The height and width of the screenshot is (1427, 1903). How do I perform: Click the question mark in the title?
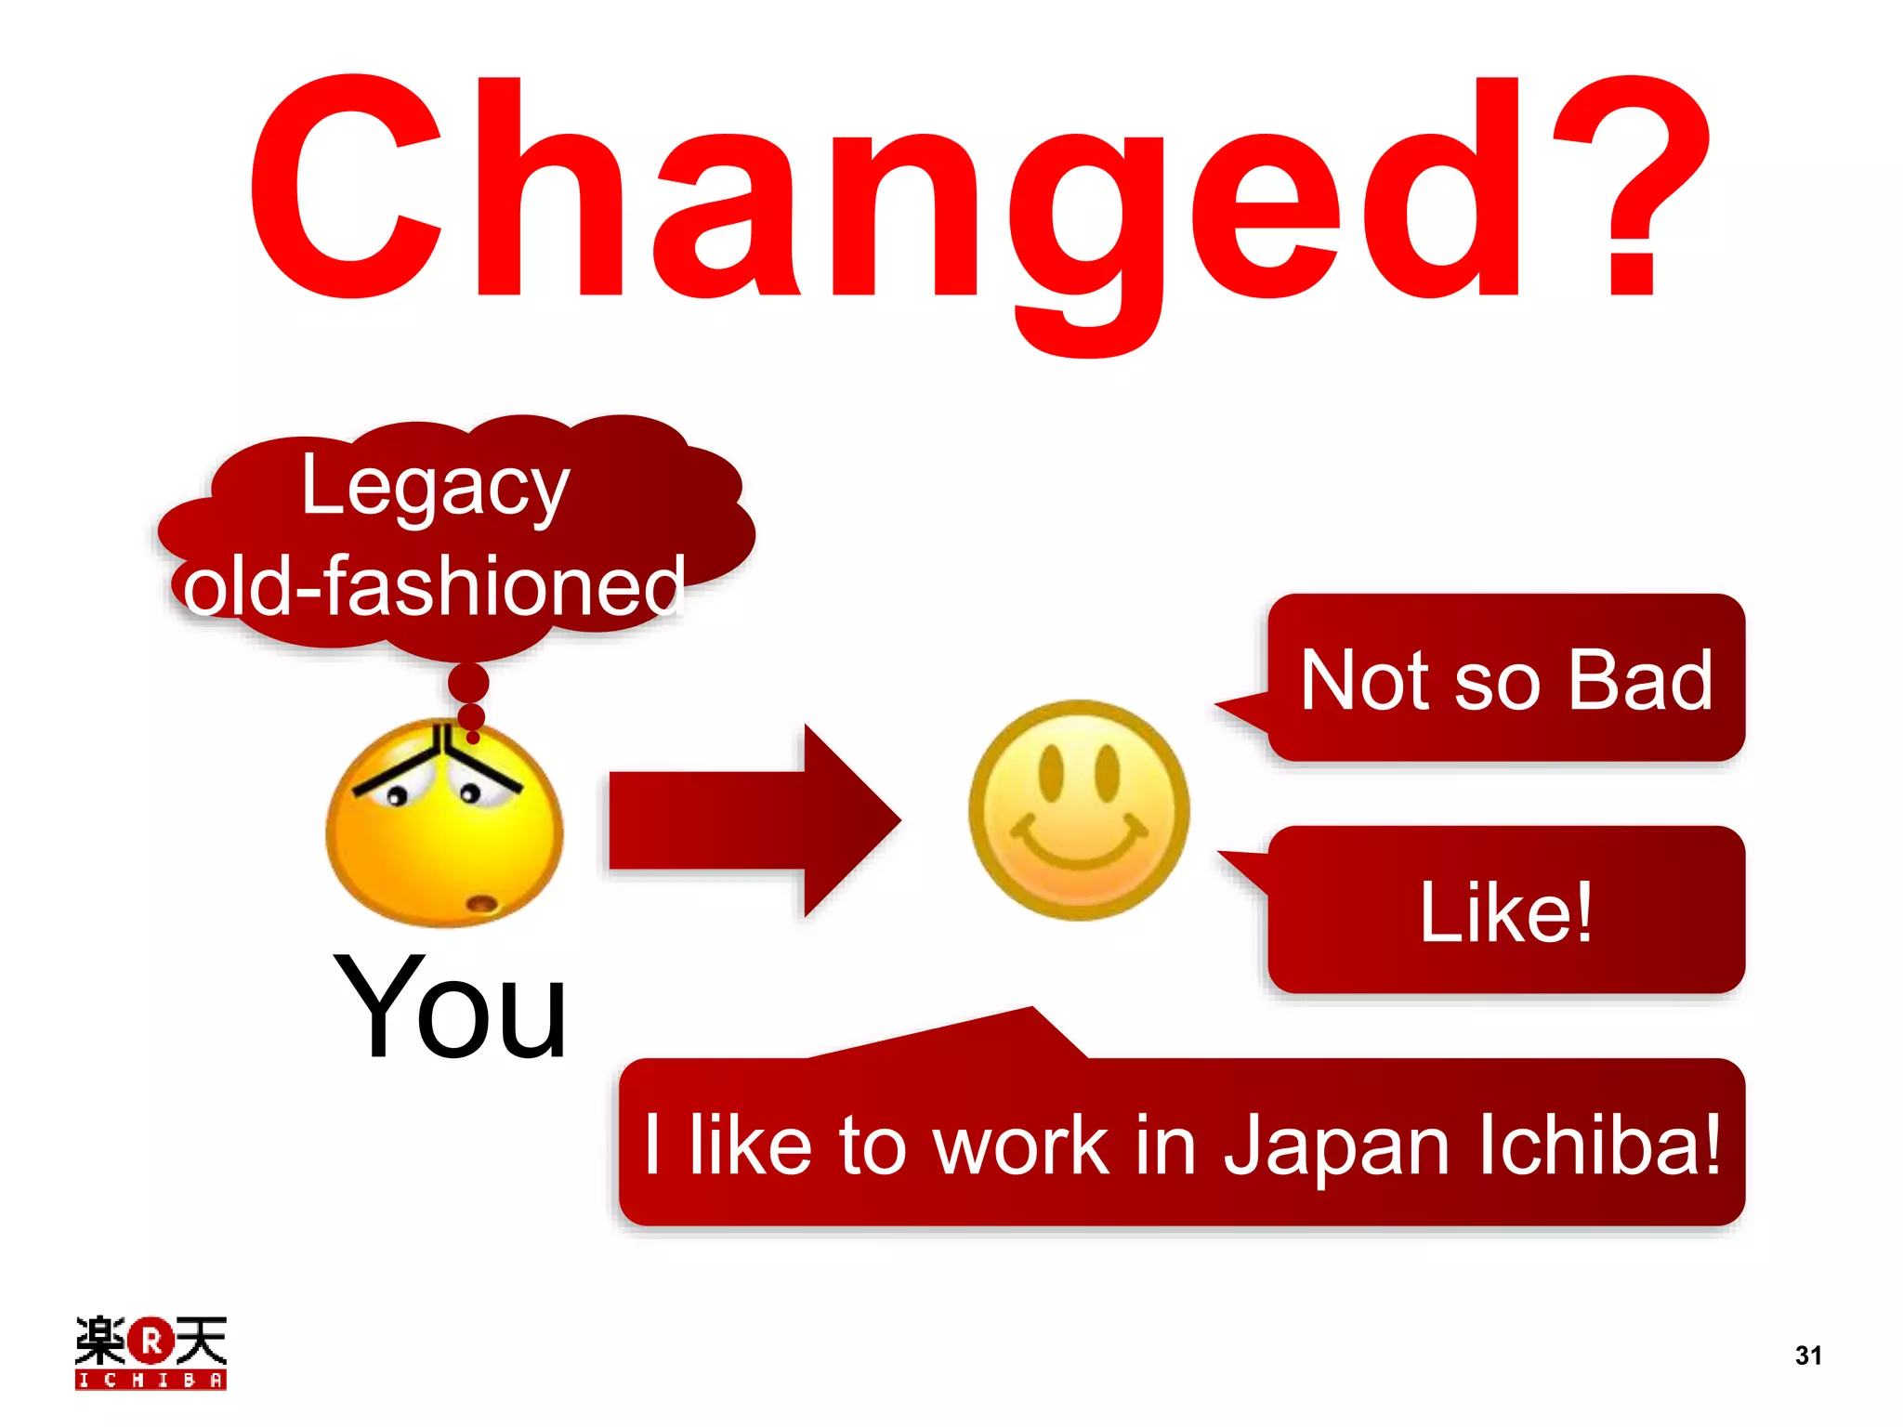(x=1632, y=186)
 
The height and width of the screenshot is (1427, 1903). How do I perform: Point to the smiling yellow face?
(x=1079, y=810)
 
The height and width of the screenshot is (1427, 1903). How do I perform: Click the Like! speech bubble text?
(x=1506, y=913)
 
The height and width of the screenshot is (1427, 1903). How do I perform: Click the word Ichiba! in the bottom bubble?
(x=1600, y=1145)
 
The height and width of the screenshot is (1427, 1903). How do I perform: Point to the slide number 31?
(x=1808, y=1355)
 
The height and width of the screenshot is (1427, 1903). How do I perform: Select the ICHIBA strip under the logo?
(x=151, y=1380)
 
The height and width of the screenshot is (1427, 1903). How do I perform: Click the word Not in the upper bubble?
(x=1366, y=681)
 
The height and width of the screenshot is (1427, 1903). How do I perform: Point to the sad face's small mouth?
(x=481, y=904)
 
